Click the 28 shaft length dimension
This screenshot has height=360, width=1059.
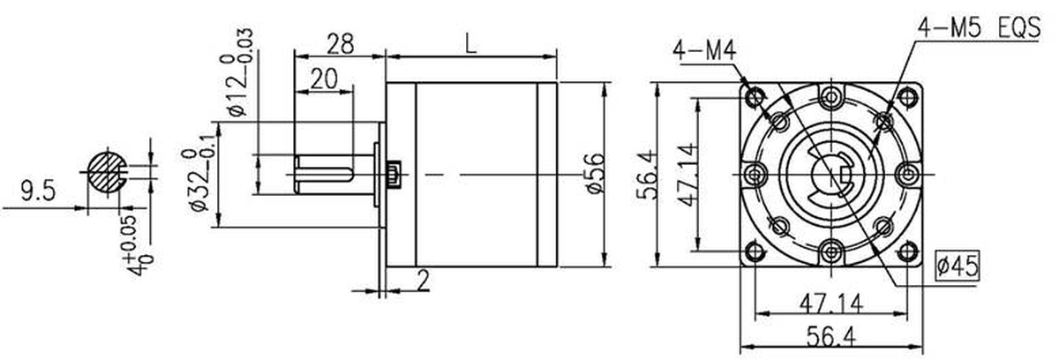point(340,44)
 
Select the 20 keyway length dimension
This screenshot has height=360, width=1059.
point(325,79)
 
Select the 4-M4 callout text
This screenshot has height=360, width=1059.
point(704,51)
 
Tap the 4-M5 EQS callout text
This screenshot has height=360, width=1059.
point(979,28)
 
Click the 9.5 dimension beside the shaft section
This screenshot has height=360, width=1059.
point(38,191)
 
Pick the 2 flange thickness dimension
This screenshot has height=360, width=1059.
point(423,280)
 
